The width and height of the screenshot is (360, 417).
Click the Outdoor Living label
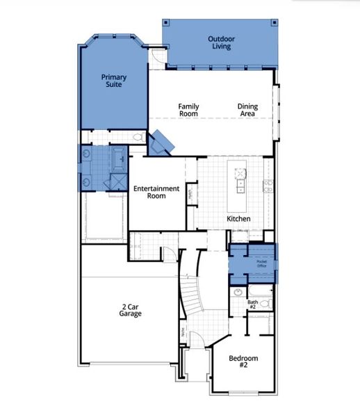click(220, 43)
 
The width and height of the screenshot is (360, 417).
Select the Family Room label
click(188, 110)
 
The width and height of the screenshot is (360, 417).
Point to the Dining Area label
click(248, 110)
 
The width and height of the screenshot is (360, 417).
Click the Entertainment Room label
click(156, 192)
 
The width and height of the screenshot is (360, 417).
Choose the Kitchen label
click(238, 219)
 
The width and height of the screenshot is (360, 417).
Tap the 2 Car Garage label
click(130, 309)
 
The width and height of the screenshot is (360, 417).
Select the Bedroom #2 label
click(244, 361)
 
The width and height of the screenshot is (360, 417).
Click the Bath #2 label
click(254, 304)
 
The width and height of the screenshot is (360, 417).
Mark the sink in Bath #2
click(238, 292)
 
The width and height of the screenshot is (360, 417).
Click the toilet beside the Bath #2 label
click(264, 304)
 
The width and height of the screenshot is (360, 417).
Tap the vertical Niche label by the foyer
click(183, 332)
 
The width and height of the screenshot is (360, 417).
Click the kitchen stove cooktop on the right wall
click(267, 185)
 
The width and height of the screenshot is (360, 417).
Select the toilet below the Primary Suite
click(138, 138)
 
